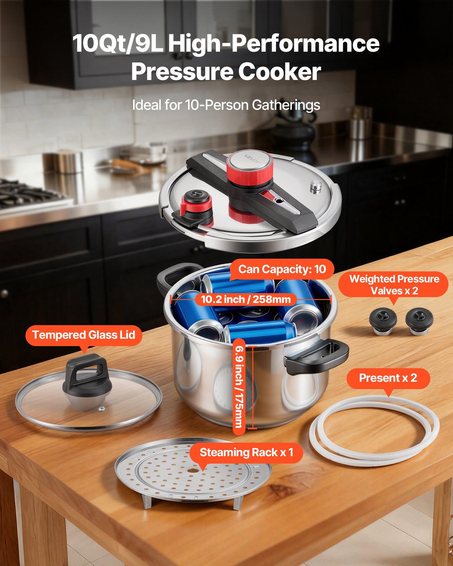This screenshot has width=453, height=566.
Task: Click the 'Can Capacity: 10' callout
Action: point(282,269)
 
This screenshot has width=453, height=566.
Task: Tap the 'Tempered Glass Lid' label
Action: point(84,335)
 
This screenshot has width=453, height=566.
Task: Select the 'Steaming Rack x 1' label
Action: point(246,452)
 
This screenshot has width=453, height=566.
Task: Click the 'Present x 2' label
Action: point(388,378)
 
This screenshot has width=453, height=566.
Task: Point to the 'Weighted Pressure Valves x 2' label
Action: point(394,285)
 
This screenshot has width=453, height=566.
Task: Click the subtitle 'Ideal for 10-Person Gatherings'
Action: point(226,105)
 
